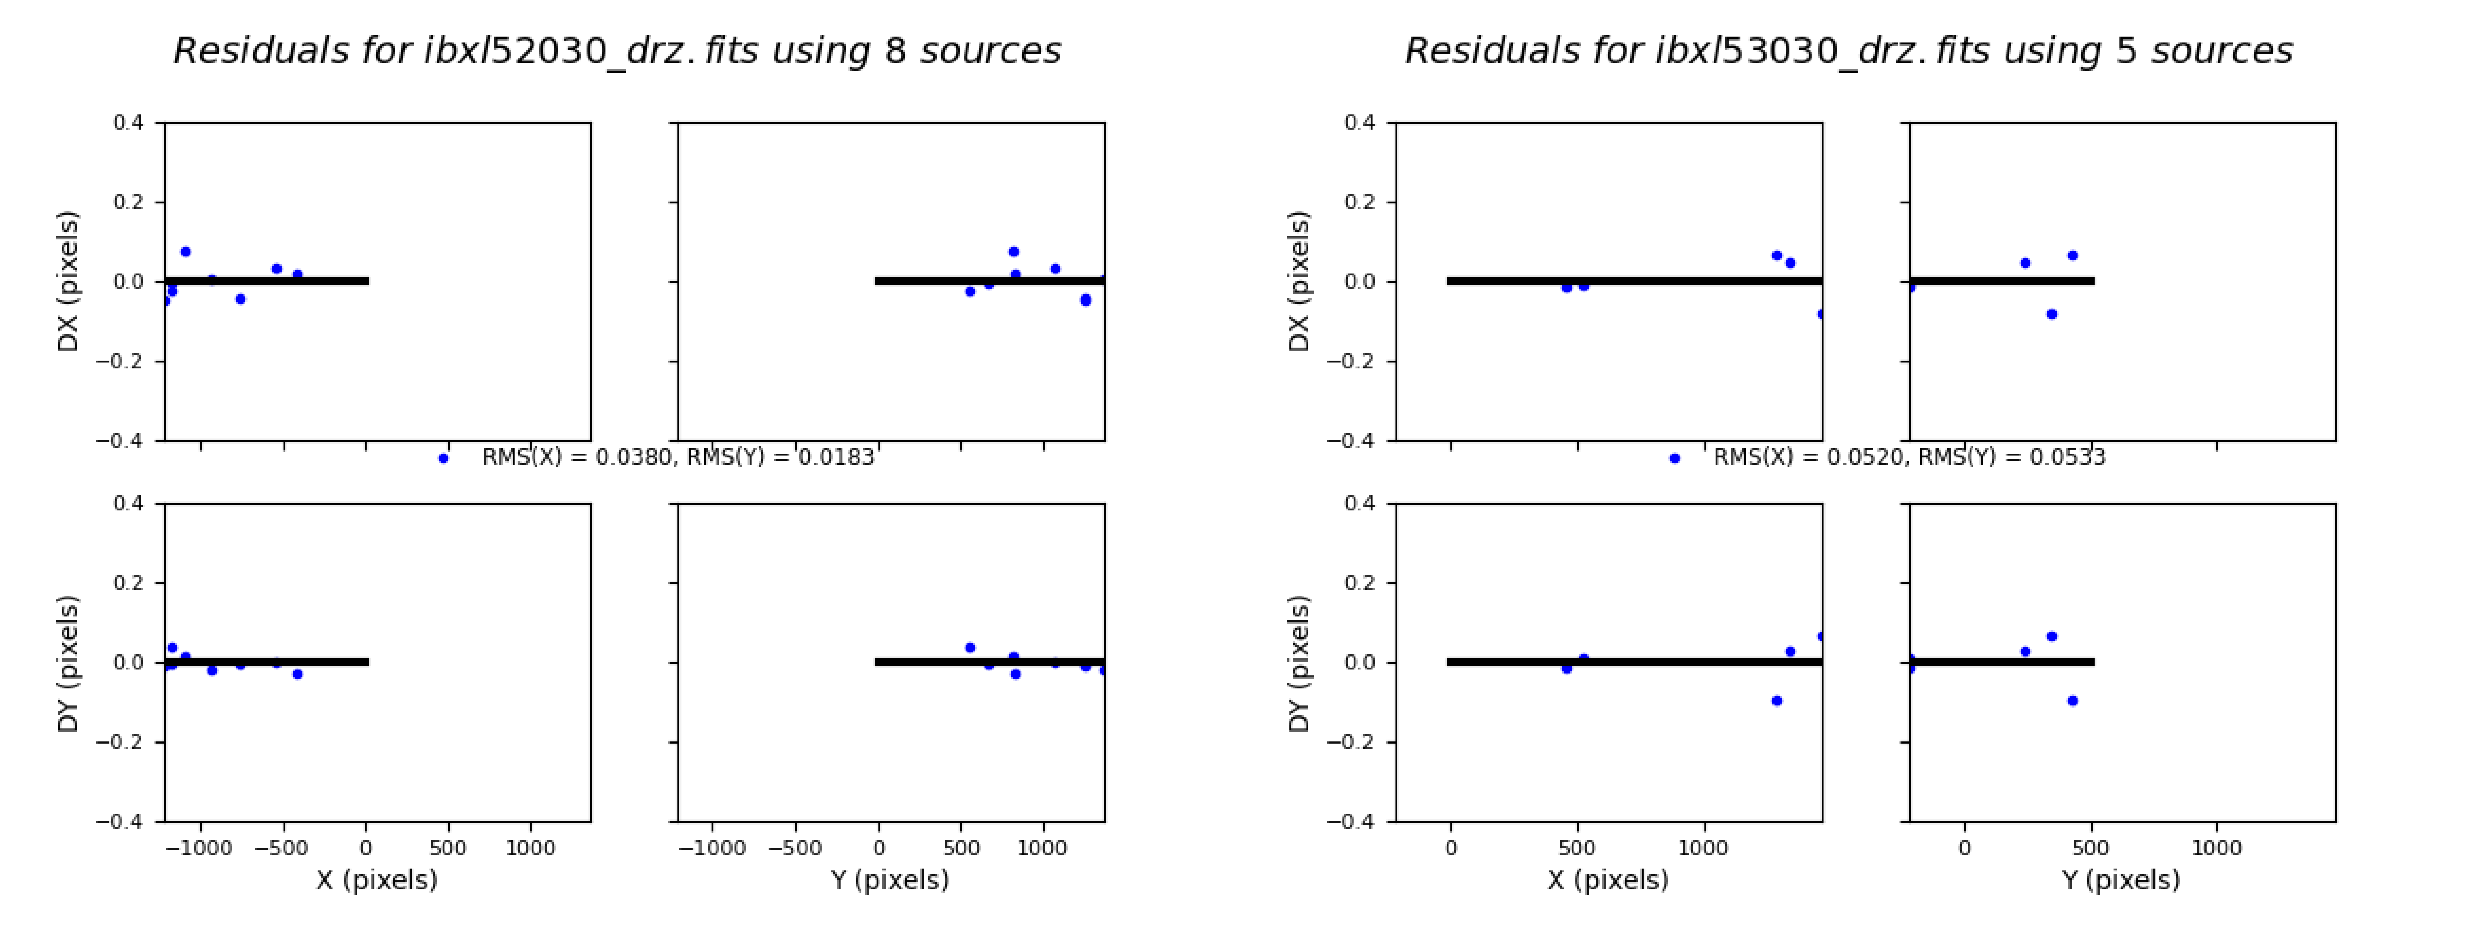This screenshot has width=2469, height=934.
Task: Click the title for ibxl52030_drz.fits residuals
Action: pyautogui.click(x=617, y=51)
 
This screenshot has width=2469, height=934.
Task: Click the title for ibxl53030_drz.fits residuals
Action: pyautogui.click(x=1848, y=51)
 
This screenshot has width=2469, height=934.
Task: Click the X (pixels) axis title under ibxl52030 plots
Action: pyautogui.click(x=377, y=879)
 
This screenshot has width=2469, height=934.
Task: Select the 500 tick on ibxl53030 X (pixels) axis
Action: pyautogui.click(x=1577, y=848)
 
